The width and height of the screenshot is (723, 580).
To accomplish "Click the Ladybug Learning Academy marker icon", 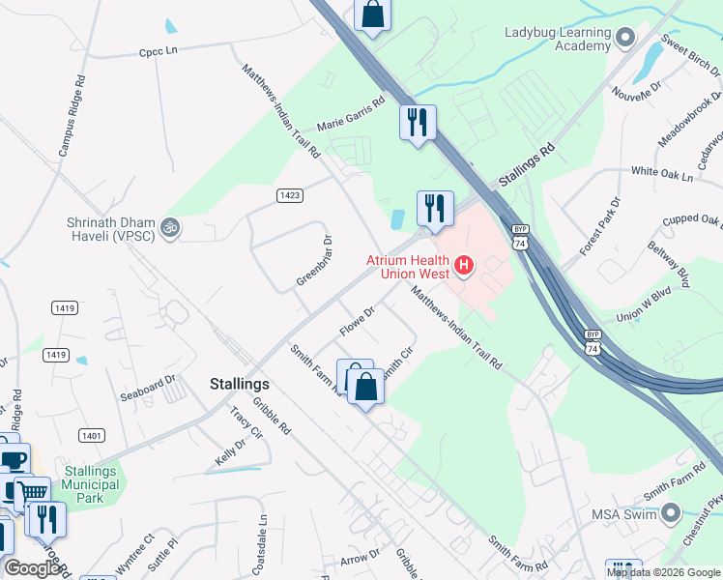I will coord(624,38).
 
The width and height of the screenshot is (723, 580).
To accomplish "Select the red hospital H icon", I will coord(464,264).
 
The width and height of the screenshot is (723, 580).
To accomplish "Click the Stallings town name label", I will coord(239,384).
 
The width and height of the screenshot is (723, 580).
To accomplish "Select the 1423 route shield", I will coord(289,195).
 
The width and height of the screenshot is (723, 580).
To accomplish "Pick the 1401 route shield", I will coord(92,435).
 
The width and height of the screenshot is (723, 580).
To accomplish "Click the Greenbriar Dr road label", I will coord(313,260).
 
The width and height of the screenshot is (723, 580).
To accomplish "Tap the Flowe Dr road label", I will coord(357,323).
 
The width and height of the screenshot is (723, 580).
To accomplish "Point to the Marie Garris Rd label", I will coord(350,112).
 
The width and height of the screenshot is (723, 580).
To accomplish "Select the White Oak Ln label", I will coord(662,174).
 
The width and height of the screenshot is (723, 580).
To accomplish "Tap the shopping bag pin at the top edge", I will coord(371,15).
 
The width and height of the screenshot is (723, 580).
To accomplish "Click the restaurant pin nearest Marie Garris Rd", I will coord(418,123).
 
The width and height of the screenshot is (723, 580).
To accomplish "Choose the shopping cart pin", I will coord(32,493).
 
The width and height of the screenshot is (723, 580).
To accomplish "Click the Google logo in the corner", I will coord(32,568).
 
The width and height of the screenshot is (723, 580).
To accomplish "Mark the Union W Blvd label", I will coord(643,304).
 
